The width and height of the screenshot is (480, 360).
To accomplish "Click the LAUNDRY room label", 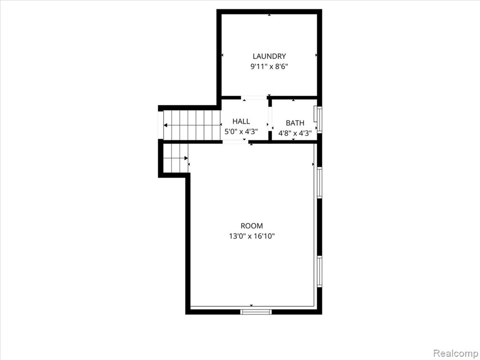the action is (269, 56).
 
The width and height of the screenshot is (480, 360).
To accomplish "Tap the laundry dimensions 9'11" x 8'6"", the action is (269, 67).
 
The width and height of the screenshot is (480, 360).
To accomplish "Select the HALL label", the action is (241, 121).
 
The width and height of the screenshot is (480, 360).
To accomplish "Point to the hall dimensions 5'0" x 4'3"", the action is (241, 132).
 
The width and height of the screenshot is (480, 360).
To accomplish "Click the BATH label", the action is (295, 123).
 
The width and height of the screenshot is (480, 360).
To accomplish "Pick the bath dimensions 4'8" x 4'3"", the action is (295, 134).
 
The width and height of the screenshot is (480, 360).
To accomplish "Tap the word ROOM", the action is (252, 226).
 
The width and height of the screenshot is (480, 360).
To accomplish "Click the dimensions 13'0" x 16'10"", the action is (252, 236).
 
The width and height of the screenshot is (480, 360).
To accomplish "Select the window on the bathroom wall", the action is (319, 119).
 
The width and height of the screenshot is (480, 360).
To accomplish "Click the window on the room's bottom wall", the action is (256, 312).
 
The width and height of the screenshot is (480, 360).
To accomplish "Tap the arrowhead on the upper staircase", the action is (165, 125).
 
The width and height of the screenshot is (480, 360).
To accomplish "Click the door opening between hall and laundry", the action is (254, 98).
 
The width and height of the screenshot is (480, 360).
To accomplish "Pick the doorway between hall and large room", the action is (235, 142).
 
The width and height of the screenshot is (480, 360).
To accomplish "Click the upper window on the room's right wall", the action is (319, 183).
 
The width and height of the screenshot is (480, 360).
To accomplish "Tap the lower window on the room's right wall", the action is (319, 271).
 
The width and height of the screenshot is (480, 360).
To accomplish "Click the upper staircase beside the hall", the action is (192, 125).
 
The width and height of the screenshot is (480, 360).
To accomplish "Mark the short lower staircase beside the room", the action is (175, 158).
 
